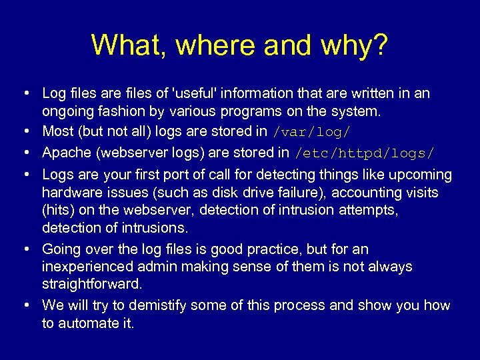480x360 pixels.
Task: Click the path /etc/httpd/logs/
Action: tap(365, 153)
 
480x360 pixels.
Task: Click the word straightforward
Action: tap(92, 284)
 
